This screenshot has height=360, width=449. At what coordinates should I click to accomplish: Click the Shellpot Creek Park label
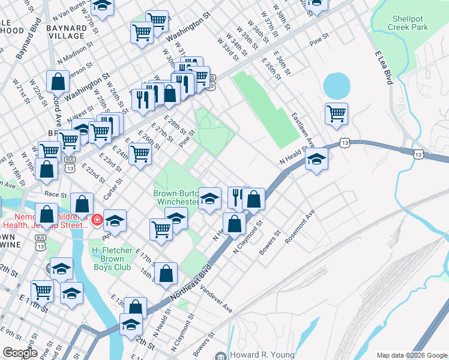(408, 23)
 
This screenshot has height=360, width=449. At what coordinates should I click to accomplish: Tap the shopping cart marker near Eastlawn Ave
(336, 113)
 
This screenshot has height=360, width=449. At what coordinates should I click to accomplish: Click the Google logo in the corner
(20, 353)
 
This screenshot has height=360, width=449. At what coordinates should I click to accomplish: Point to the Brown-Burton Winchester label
(175, 198)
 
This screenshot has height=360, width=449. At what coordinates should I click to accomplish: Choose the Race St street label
(56, 195)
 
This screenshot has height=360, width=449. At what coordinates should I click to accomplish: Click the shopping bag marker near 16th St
(166, 273)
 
